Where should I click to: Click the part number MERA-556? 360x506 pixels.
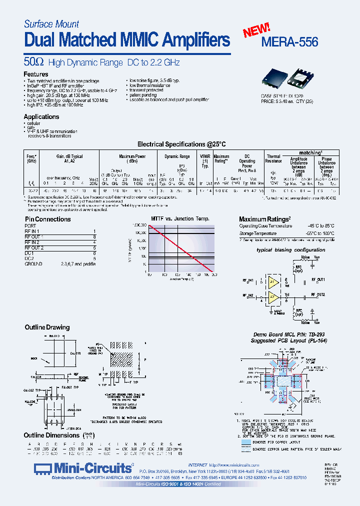point(289,42)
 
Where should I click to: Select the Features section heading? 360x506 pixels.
point(36,74)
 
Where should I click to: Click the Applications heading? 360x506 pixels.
point(41,116)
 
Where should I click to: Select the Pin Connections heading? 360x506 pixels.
point(47,219)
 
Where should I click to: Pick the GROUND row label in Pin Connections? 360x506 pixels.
point(33,263)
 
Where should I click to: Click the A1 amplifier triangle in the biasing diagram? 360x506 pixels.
point(273,281)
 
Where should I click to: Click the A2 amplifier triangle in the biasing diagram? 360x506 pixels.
point(273,298)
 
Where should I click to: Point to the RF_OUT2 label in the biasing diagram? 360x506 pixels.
point(318,294)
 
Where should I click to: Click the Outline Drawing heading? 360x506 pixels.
point(47,327)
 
